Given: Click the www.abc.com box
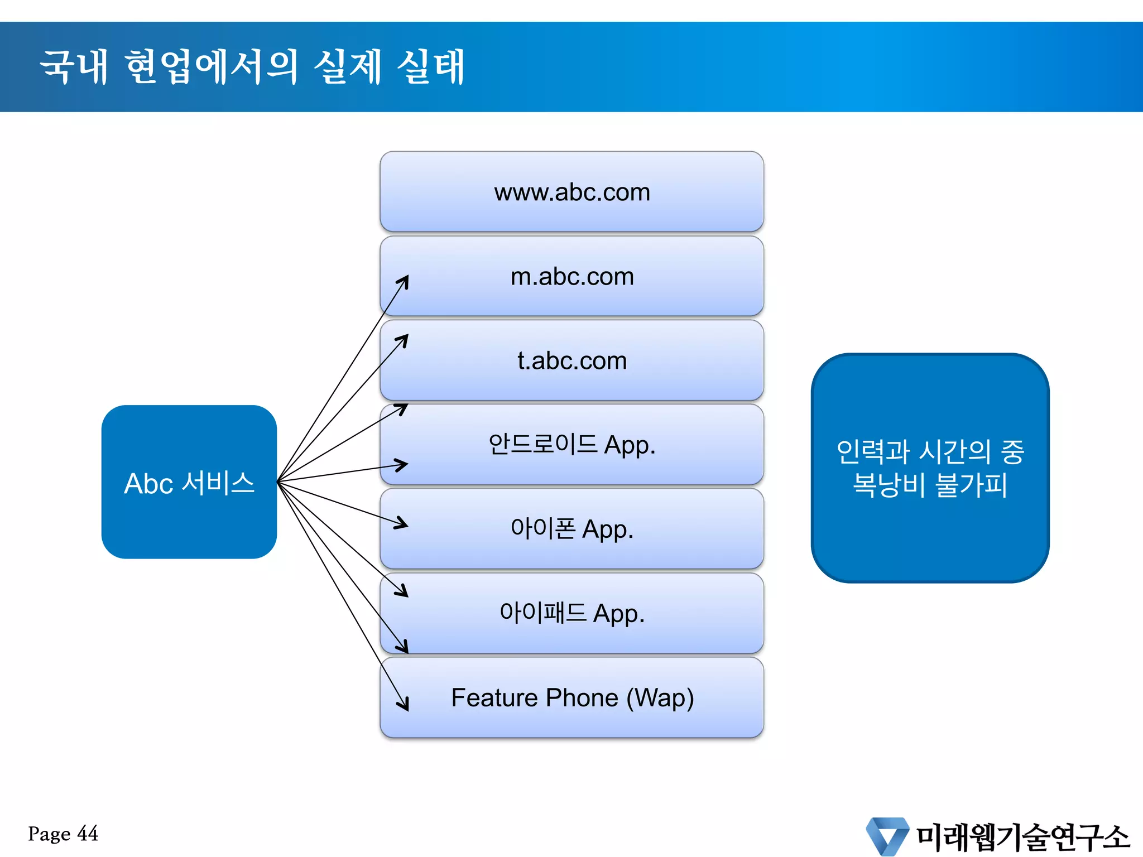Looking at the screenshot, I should tap(571, 191).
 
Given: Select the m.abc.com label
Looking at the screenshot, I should tap(572, 277).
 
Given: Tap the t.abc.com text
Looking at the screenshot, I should tap(572, 361).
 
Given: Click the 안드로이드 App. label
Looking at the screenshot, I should tap(571, 445).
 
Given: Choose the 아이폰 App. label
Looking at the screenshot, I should tap(571, 529).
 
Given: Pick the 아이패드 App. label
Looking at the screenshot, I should tap(571, 613).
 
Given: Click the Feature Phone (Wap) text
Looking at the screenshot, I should tap(572, 698).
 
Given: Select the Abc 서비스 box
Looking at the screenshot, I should tap(189, 482).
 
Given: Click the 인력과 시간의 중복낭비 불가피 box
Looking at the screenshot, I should tap(930, 468).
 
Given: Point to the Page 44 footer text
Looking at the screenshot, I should tap(63, 834).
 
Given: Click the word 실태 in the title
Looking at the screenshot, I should tap(430, 67).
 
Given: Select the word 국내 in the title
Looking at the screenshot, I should tap(74, 67).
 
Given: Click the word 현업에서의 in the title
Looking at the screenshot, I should tap(212, 67).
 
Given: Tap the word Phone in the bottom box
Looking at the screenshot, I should tap(582, 698).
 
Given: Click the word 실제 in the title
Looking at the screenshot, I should tap(348, 67).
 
